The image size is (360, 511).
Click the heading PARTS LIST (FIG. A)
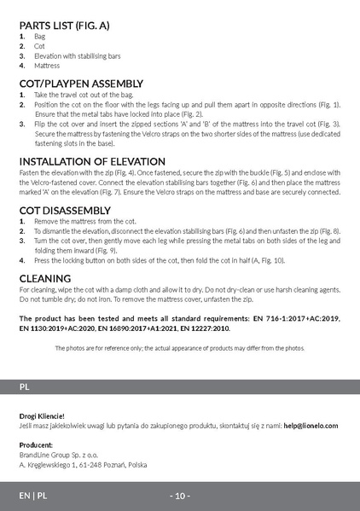pyautogui.click(x=64, y=26)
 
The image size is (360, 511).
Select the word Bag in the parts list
pyautogui.click(x=39, y=38)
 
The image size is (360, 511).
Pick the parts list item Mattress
pyautogui.click(x=47, y=65)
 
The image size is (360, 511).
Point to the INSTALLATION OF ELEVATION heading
pyautogui.click(x=92, y=161)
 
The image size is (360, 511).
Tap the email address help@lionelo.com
pyautogui.click(x=311, y=425)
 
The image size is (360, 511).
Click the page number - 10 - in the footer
pyautogui.click(x=179, y=496)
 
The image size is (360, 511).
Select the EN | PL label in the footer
pyautogui.click(x=33, y=496)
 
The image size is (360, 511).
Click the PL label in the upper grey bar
pyautogui.click(x=25, y=386)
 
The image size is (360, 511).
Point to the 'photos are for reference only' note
pyautogui.click(x=179, y=348)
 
